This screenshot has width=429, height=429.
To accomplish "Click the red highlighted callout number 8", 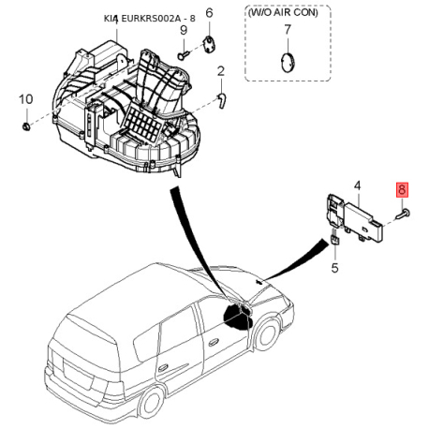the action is tap(402, 189).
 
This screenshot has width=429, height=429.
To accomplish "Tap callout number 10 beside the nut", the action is tap(26, 99).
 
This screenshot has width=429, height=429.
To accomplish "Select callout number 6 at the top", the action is tap(209, 13).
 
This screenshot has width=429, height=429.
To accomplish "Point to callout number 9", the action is tap(184, 30).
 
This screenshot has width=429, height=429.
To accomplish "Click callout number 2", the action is tap(221, 71).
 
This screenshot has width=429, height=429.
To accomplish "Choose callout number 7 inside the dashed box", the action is tap(288, 30).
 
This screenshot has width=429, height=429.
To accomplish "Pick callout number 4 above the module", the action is tap(358, 185).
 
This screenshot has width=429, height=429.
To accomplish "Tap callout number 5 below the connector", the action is tap(334, 268).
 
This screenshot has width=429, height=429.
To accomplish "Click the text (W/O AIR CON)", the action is tap(283, 12).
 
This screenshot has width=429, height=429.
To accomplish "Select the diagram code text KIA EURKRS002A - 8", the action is tap(150, 19).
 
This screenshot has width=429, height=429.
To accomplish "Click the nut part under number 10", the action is tap(26, 126).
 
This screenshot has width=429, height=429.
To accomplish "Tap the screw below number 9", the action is tap(183, 55).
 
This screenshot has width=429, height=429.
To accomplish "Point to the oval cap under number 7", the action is tap(288, 63).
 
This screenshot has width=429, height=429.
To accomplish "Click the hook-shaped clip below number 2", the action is tap(222, 100).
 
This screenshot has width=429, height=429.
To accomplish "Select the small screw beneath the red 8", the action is tap(403, 214).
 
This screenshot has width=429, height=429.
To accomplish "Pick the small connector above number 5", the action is tap(334, 240).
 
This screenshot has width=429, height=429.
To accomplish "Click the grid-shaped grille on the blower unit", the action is tap(142, 126).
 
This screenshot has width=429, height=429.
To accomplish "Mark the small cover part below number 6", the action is tap(209, 44).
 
